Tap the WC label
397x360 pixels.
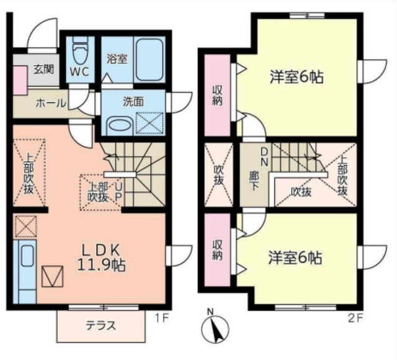coord(79,71)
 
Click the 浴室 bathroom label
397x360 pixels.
coord(117,60)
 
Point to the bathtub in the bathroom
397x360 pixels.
coord(148,57)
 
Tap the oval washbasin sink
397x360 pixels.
coord(118,125)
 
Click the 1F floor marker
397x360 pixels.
coord(161,318)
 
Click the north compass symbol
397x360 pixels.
coord(212,327)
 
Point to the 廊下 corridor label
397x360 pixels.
coord(253,178)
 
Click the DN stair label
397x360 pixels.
coord(264,155)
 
